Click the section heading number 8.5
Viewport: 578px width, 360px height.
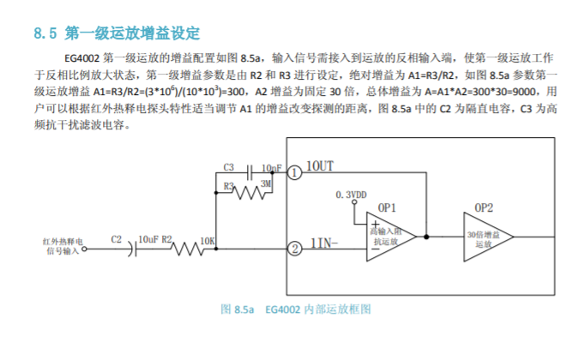pyautogui.click(x=45, y=34)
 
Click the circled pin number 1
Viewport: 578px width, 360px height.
pyautogui.click(x=294, y=172)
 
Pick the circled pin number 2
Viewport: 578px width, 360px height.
pyautogui.click(x=294, y=249)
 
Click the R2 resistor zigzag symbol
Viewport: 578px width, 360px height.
pyautogui.click(x=186, y=249)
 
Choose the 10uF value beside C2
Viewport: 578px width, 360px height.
pyautogui.click(x=148, y=239)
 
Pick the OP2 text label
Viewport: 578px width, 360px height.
pyautogui.click(x=484, y=208)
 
